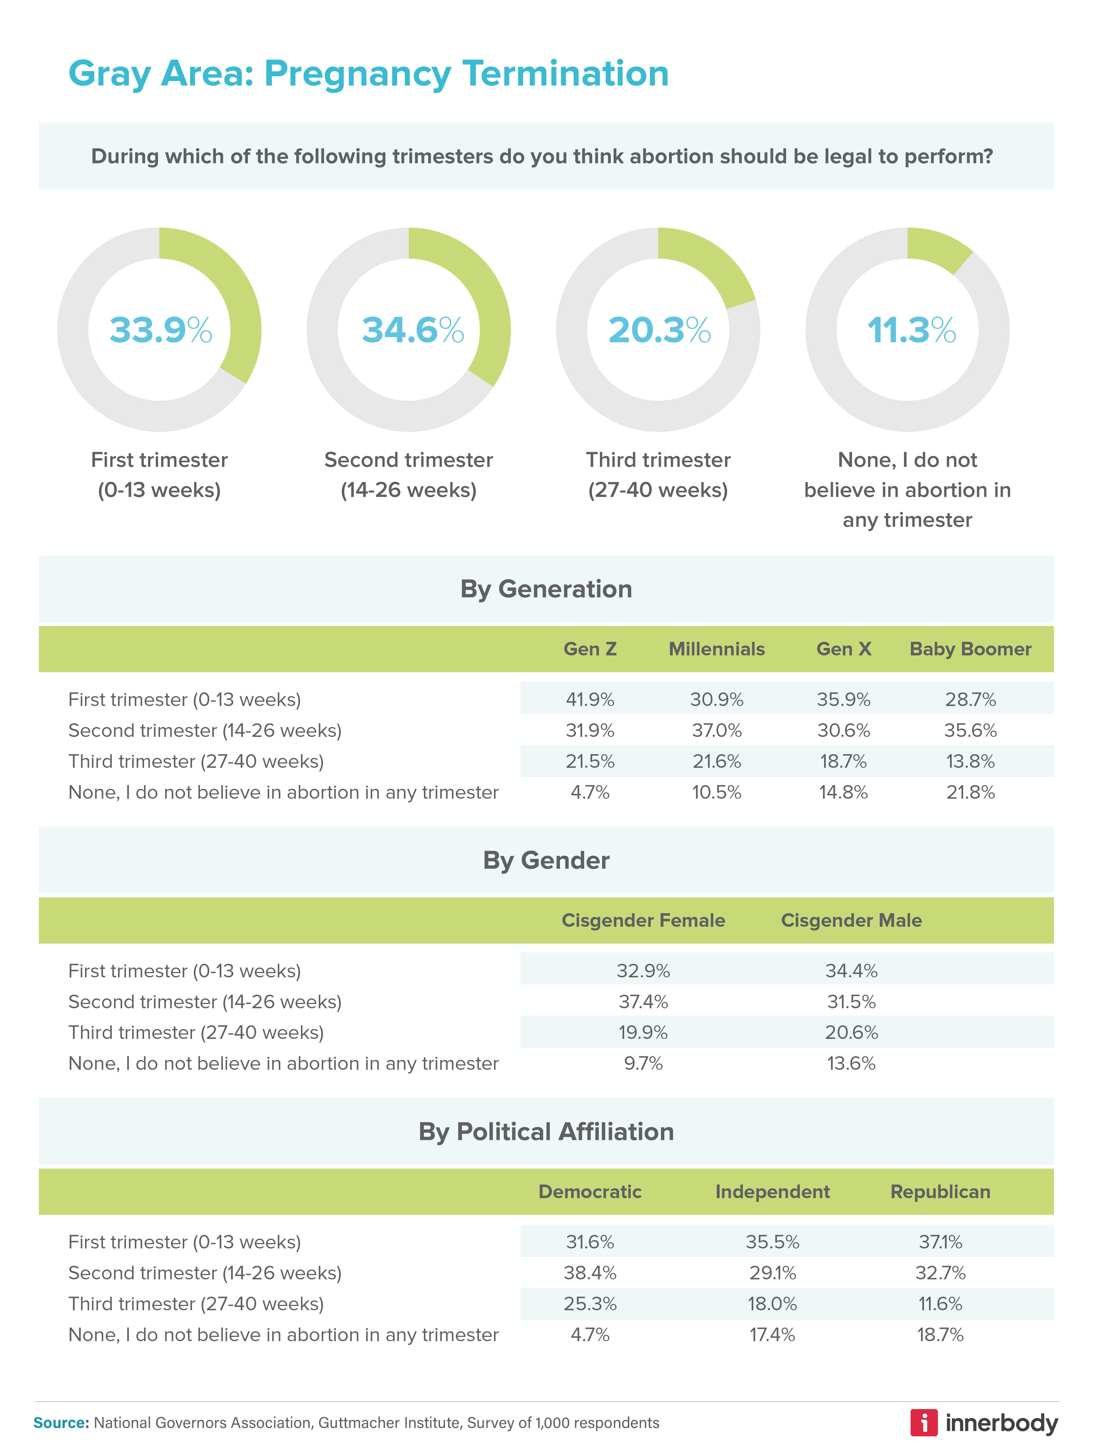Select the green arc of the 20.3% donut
716,263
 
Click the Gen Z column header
590,649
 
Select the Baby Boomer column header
970,649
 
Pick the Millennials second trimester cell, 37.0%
717,730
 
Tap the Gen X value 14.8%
844,792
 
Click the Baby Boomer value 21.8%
970,792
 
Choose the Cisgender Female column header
643,920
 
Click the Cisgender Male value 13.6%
851,1063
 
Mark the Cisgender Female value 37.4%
643,1002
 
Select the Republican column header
940,1191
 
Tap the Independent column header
772,1191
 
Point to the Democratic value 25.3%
590,1304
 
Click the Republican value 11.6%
940,1304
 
